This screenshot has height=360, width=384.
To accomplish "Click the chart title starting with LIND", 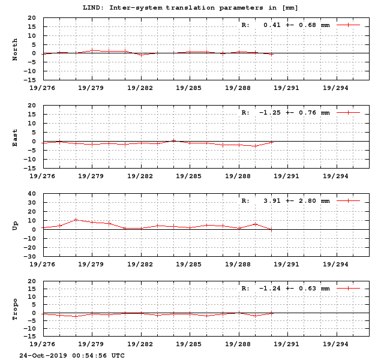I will click(x=190, y=7).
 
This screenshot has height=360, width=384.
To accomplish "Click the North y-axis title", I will click(x=15, y=49).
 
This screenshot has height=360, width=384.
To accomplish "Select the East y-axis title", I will click(x=15, y=138).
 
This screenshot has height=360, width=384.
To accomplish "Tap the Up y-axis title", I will click(x=15, y=225).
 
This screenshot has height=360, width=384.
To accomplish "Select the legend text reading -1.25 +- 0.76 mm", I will click(x=294, y=113).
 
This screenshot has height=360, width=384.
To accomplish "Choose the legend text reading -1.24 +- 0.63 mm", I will click(x=294, y=289).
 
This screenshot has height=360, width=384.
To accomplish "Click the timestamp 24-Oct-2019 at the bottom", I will click(x=72, y=355).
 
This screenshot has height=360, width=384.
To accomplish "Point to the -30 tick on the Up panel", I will click(x=30, y=256).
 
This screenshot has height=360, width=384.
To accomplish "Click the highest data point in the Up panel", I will click(x=76, y=220).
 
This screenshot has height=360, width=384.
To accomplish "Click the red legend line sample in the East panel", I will click(x=348, y=113).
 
